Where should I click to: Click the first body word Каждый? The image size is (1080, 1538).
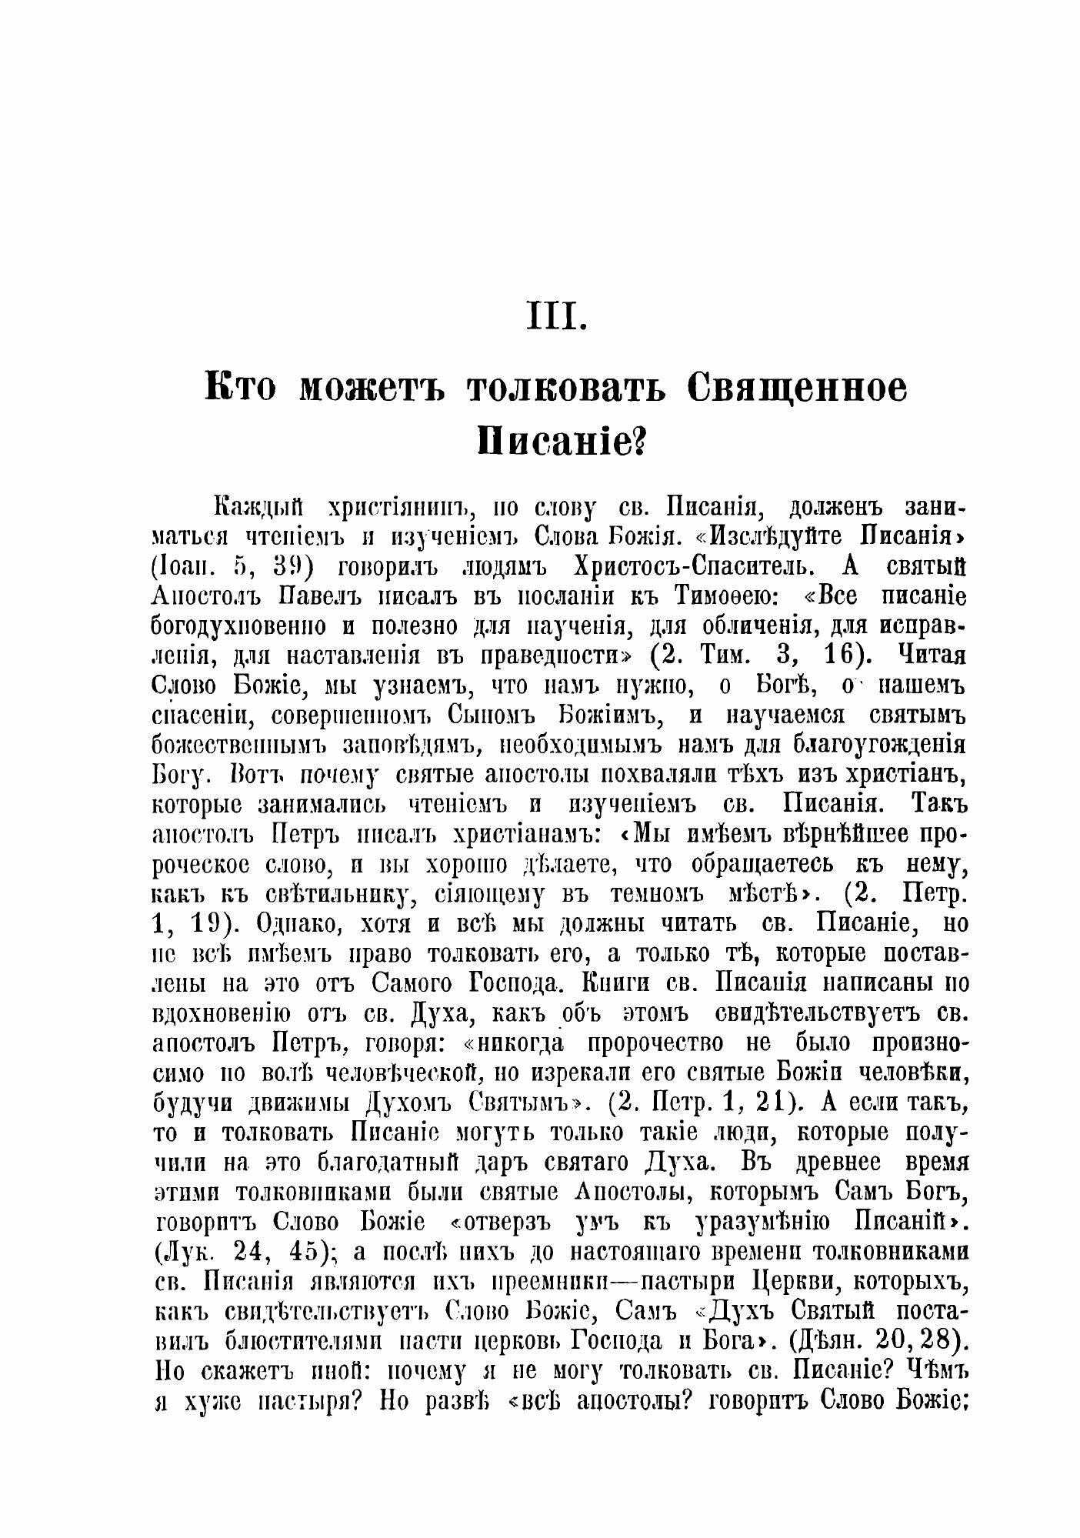(259, 508)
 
